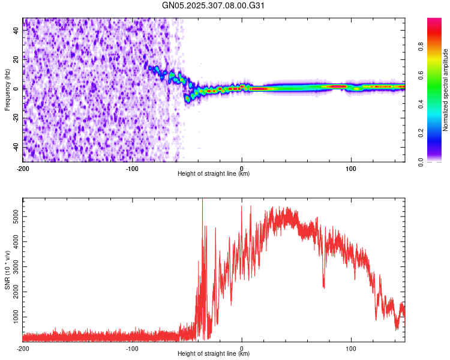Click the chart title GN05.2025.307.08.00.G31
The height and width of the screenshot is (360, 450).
(x=214, y=5)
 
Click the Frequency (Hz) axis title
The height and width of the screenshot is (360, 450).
(x=7, y=90)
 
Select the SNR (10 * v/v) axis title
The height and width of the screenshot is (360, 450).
(x=7, y=269)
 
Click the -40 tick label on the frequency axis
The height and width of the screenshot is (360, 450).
(x=16, y=147)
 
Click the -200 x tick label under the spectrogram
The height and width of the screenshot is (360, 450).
(x=23, y=168)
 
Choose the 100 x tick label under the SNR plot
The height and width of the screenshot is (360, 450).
(x=351, y=348)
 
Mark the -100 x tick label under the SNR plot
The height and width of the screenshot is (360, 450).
(x=132, y=348)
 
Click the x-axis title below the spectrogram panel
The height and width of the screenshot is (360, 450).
(x=214, y=174)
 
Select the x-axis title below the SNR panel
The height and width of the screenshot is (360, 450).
(x=214, y=354)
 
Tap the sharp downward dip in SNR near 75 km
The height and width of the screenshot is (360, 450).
(x=324, y=287)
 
